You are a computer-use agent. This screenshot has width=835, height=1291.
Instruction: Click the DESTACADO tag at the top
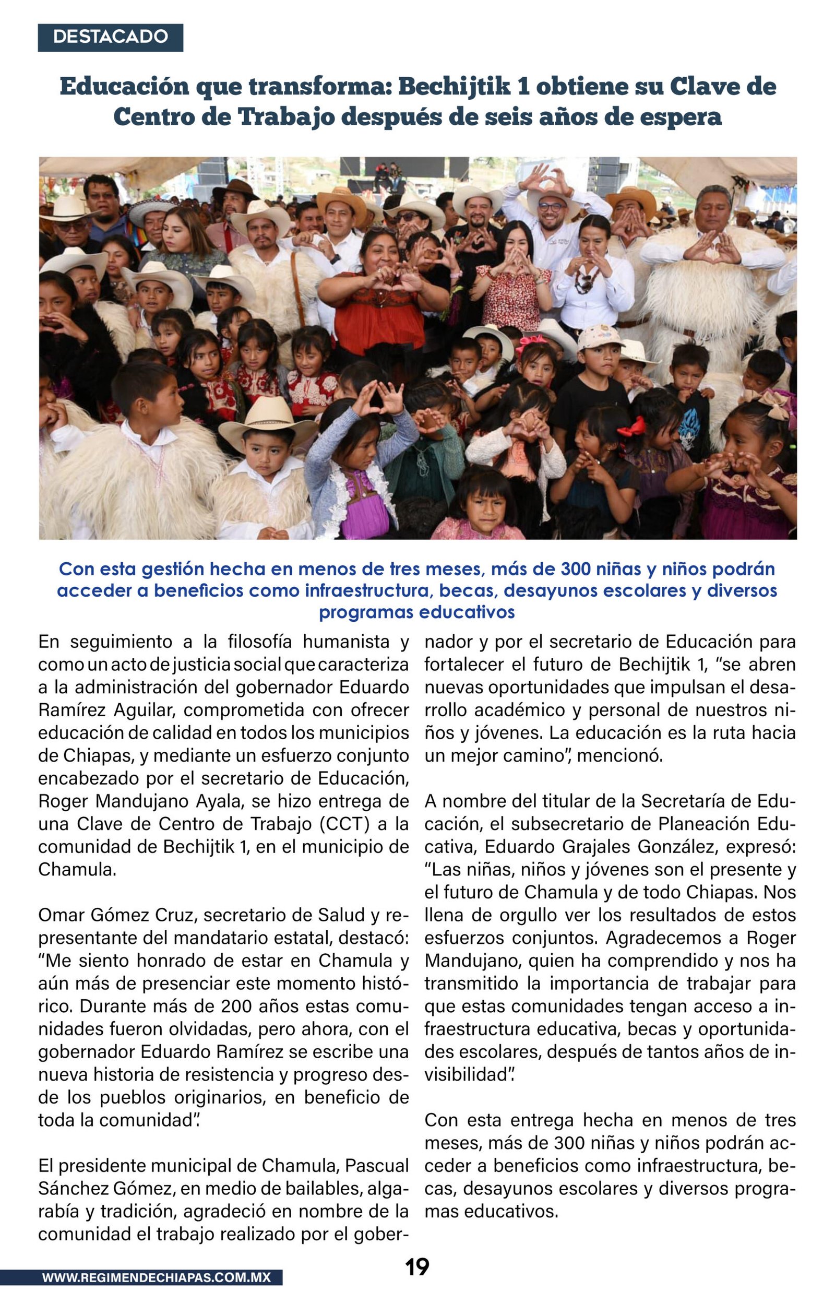pyautogui.click(x=110, y=37)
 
